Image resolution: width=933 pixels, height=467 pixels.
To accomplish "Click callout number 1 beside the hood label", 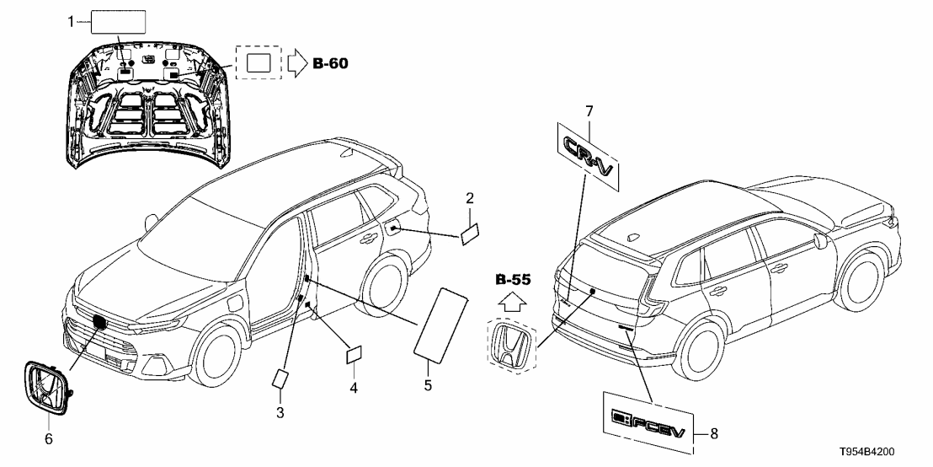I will (72, 22).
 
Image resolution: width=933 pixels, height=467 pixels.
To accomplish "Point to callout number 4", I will (354, 388).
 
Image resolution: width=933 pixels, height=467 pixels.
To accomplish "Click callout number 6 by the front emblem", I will (49, 438).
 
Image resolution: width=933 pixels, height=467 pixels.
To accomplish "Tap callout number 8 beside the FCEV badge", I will (715, 434).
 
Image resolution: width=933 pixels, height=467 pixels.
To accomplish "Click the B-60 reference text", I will (330, 62).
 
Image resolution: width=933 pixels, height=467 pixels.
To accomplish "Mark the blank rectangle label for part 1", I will (117, 22).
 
